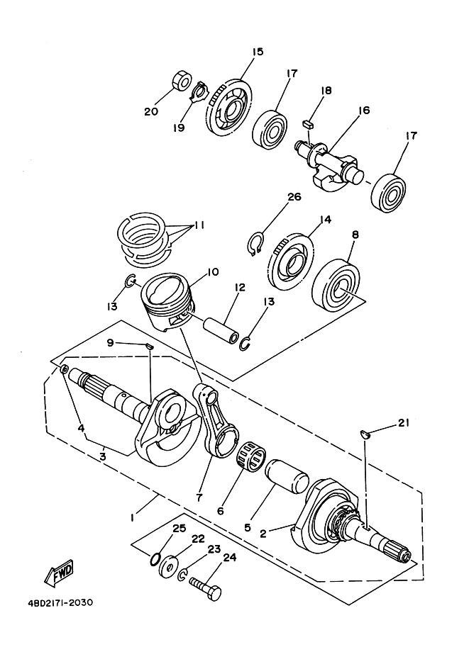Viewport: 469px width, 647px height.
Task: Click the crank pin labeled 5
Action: (x=287, y=471)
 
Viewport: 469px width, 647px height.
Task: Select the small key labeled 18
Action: (x=308, y=122)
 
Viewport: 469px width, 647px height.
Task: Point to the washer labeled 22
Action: (x=170, y=568)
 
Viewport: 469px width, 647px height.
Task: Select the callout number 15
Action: (x=257, y=52)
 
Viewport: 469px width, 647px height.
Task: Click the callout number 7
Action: (x=199, y=497)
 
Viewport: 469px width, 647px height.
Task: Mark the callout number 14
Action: (x=326, y=220)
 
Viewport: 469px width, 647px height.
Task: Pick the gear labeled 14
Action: (x=291, y=261)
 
